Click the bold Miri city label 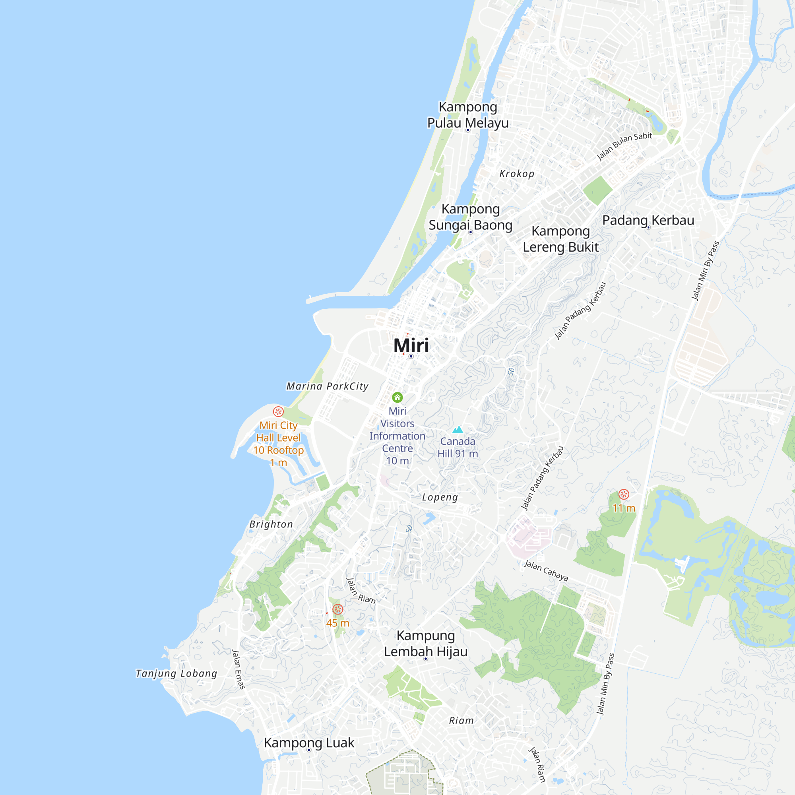point(411,345)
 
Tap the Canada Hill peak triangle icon point(458,430)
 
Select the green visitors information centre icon point(397,397)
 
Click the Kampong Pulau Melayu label point(468,115)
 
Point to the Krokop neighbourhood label point(517,174)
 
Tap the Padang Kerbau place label point(648,220)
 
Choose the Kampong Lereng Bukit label point(560,239)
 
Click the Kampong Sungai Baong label point(470,217)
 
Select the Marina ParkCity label point(327,386)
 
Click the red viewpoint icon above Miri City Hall point(278,411)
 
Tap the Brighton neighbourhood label point(271,524)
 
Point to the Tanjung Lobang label point(176,673)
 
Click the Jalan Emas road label point(238,669)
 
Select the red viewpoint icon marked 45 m point(337,609)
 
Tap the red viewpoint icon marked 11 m point(624,494)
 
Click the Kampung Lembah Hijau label point(425,644)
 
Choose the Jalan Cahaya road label point(546,570)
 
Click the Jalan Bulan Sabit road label point(624,146)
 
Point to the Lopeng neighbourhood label point(440,497)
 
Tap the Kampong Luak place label point(308,743)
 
